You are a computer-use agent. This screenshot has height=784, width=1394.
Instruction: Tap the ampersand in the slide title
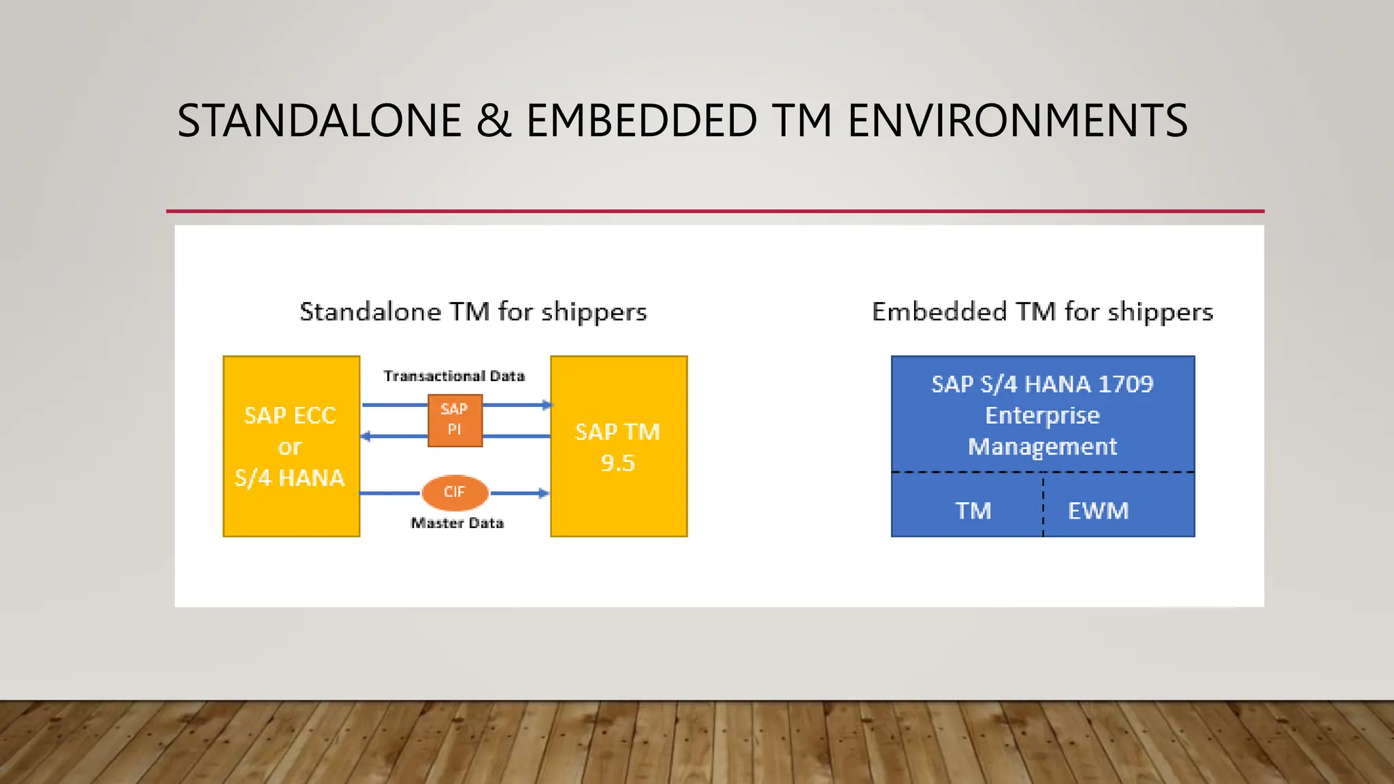point(493,121)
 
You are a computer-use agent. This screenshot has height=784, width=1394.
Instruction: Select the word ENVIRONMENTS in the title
point(1017,121)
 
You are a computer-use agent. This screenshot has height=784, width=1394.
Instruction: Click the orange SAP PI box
point(455,420)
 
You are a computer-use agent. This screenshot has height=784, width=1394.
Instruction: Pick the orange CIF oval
point(455,492)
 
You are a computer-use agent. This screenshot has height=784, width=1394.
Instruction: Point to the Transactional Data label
point(454,376)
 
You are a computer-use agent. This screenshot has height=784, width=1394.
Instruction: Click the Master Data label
point(457,523)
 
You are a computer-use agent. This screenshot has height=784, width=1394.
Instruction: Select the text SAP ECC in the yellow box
point(290,415)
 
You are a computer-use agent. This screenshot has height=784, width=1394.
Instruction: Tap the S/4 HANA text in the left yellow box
point(290,478)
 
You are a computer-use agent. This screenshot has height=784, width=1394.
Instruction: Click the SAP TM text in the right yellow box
point(617,431)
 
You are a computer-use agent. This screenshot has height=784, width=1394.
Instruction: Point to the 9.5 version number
point(617,463)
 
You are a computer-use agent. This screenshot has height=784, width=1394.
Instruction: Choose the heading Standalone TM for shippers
point(473,312)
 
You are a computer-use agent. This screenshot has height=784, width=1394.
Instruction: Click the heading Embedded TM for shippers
point(1042,312)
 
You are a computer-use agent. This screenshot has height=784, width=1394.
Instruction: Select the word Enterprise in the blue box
point(1042,415)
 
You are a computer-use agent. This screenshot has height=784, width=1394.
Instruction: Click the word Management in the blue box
point(1042,446)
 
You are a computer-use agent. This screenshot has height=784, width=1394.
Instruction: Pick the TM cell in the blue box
point(973,510)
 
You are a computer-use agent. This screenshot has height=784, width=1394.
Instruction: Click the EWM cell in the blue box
point(1098,510)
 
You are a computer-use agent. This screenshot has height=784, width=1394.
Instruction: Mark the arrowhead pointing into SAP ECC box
point(366,436)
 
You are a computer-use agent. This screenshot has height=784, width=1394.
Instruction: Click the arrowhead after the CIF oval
point(543,493)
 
